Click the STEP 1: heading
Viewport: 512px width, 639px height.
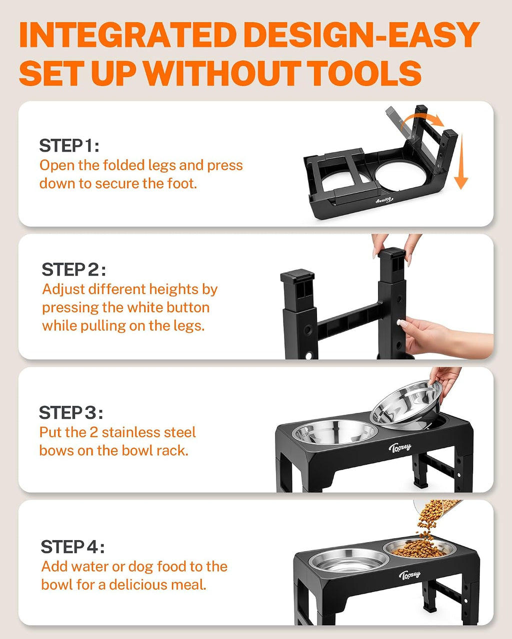pos(69,145)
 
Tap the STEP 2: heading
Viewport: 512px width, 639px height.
pos(73,269)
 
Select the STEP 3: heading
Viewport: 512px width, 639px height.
pos(71,412)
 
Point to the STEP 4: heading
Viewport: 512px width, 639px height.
pos(72,547)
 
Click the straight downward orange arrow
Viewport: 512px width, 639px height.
pos(461,161)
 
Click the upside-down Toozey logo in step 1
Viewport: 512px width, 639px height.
pos(384,200)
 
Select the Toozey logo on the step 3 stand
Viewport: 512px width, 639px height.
pos(400,447)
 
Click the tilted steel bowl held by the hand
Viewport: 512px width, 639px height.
pos(406,404)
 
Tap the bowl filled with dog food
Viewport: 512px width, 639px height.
pos(419,549)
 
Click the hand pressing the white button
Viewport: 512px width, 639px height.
pos(440,335)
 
